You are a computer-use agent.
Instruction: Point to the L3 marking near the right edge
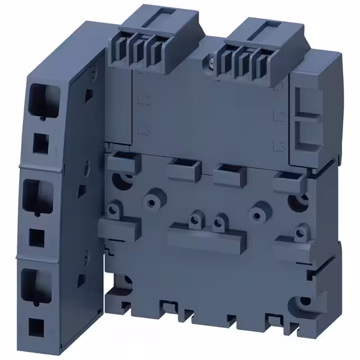tap(276, 147)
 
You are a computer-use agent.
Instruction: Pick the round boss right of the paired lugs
tap(259, 214)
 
